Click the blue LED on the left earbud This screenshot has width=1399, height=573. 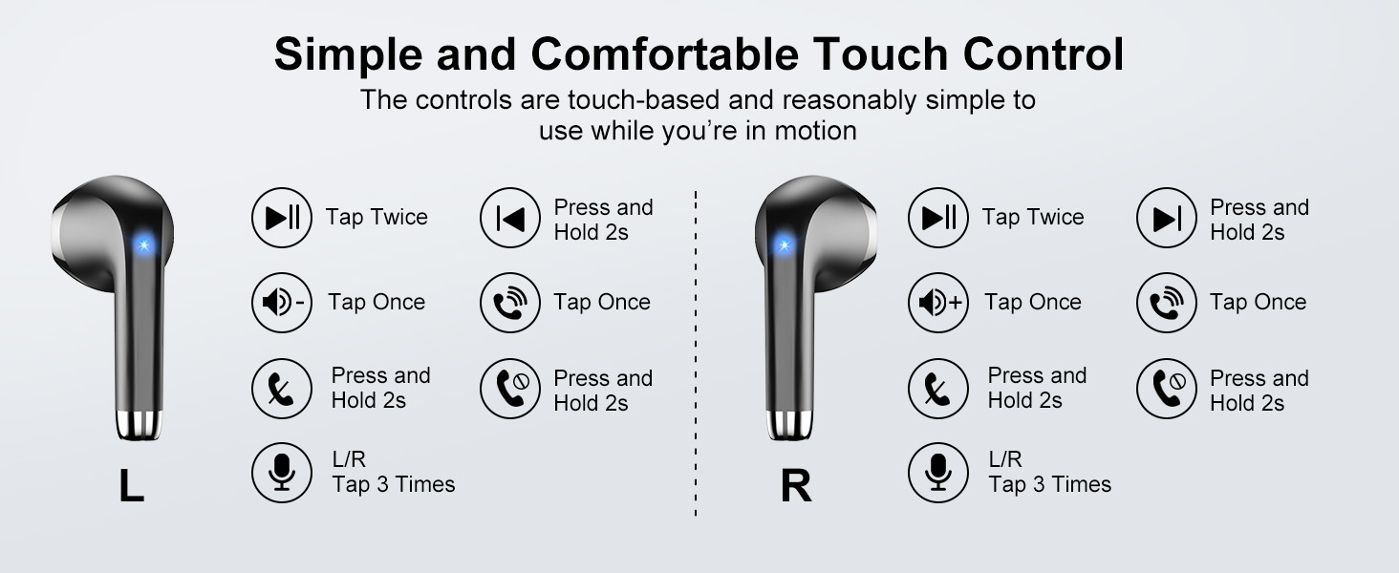tap(143, 245)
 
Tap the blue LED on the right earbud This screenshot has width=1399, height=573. tap(785, 245)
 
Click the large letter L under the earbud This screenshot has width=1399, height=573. tap(131, 486)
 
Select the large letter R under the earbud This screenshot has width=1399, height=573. tap(796, 486)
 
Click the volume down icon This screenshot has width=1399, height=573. tap(282, 303)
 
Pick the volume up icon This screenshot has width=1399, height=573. tap(938, 303)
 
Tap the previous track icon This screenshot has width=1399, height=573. tap(510, 219)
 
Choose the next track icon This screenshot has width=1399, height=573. tap(1167, 219)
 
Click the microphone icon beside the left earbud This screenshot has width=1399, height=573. tap(282, 473)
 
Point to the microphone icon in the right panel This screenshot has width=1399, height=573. tap(938, 473)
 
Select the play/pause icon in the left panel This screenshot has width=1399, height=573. tap(282, 219)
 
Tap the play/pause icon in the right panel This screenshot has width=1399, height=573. tap(938, 219)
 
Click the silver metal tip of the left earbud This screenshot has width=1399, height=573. tap(140, 424)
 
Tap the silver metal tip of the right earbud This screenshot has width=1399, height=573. tap(789, 424)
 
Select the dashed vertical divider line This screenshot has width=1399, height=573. tap(696, 353)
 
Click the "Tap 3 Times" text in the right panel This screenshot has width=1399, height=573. tap(1049, 485)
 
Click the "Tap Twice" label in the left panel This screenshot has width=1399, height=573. tap(377, 218)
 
